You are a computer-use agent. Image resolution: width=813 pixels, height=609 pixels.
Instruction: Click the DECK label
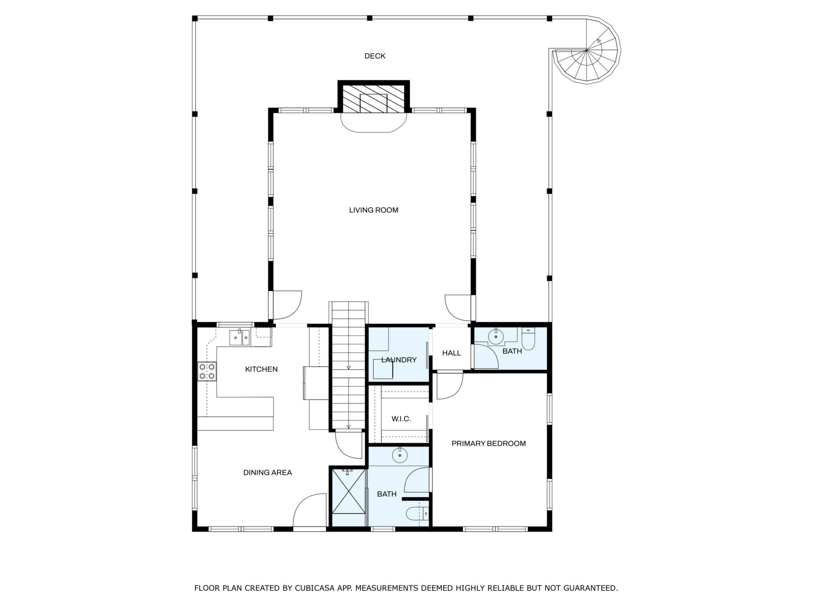[375, 56]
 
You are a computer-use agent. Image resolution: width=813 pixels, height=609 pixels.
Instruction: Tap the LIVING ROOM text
[373, 210]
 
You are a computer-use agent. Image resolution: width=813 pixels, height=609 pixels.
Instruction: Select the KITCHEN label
[261, 369]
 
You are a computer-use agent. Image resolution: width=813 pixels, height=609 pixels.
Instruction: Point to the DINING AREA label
[268, 472]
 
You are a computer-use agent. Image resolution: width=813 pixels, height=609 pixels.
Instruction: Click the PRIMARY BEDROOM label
[489, 443]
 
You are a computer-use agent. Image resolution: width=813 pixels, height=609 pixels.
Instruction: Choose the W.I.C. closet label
[401, 419]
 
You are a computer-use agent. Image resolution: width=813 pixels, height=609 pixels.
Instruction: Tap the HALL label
[451, 353]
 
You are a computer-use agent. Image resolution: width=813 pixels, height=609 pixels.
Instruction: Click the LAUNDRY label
[399, 360]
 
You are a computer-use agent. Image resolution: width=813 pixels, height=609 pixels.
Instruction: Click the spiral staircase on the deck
[586, 50]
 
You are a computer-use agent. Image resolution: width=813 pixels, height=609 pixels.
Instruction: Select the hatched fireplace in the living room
[373, 98]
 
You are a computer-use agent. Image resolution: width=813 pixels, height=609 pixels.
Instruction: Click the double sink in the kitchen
[240, 337]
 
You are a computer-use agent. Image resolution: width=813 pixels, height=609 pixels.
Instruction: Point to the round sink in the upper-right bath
[496, 337]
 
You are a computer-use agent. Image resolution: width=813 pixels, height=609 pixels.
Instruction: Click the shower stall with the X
[348, 497]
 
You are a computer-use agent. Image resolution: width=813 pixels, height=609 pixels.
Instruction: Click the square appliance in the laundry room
[383, 369]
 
